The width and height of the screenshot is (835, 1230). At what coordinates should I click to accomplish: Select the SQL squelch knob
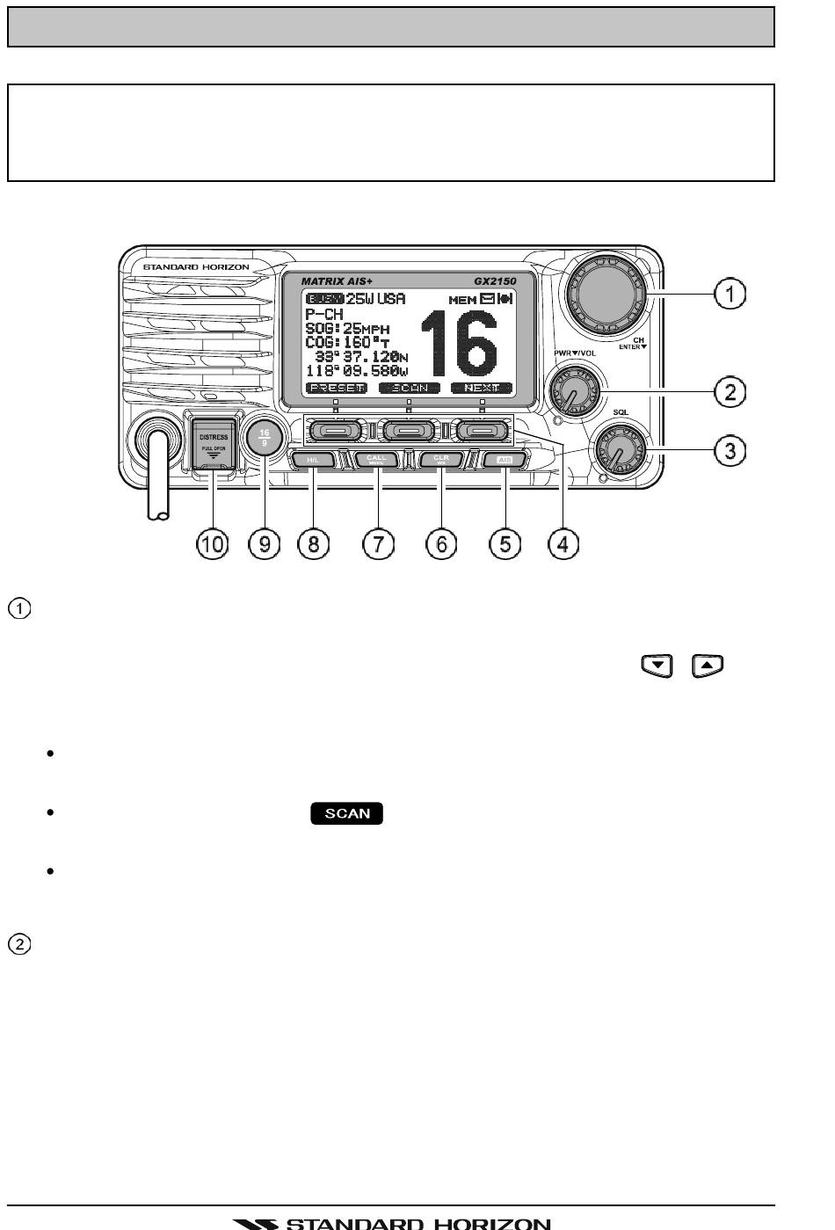tap(619, 450)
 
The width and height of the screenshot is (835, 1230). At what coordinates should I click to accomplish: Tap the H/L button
tap(312, 460)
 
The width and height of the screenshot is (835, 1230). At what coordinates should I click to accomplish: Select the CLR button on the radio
tap(441, 460)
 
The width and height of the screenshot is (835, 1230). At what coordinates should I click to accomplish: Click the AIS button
tap(505, 460)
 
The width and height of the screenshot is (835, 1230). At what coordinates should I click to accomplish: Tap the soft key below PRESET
tap(336, 431)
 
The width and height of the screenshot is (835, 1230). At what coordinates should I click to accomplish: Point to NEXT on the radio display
tap(482, 388)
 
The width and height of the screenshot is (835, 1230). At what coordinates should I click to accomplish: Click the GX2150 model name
tap(496, 281)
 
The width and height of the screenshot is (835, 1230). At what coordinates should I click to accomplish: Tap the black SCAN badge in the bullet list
tap(347, 813)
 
